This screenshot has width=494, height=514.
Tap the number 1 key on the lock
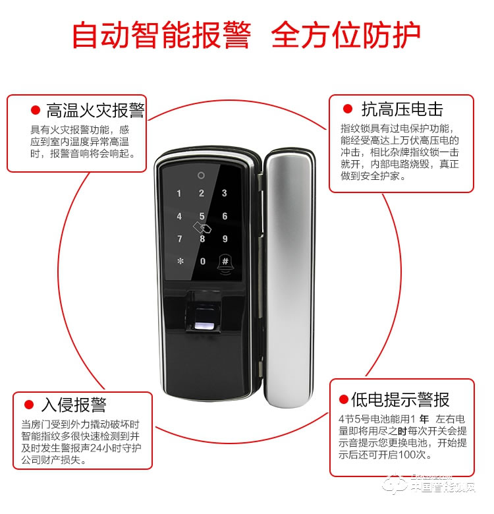click(x=178, y=194)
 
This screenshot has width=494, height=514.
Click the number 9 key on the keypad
click(x=225, y=239)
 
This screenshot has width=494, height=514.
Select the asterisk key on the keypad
click(x=178, y=262)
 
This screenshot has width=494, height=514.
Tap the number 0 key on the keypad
click(x=202, y=262)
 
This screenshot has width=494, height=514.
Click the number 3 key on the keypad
click(x=225, y=194)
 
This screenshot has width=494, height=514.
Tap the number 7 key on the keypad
click(x=178, y=239)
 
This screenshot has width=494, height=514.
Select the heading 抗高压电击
click(x=402, y=109)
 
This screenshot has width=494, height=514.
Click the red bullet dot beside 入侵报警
click(x=29, y=405)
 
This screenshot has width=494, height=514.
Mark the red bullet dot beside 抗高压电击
click(x=348, y=109)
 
